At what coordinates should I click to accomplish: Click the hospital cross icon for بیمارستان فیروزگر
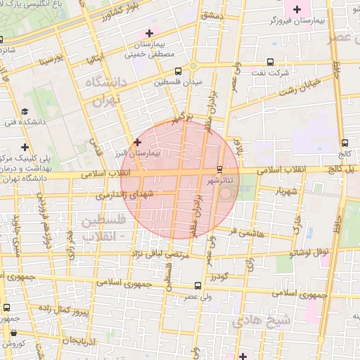click(297, 9)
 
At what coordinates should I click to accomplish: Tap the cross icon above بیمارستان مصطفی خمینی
click(149, 33)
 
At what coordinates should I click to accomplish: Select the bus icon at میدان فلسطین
click(178, 71)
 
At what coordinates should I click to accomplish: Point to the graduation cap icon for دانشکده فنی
click(25, 111)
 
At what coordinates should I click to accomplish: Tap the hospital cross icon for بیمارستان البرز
click(137, 142)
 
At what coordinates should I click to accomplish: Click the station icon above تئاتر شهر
click(220, 169)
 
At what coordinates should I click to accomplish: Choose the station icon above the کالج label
click(344, 143)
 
